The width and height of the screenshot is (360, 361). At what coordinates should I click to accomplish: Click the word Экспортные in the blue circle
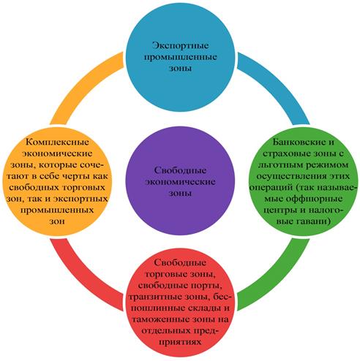180,46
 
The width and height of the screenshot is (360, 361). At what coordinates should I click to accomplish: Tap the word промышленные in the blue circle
180,57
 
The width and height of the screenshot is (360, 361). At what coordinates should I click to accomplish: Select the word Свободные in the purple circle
180,170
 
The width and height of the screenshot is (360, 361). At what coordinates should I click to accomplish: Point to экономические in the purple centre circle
180,182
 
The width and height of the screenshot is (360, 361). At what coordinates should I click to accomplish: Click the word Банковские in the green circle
300,142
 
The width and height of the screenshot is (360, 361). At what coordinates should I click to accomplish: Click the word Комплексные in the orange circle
57,142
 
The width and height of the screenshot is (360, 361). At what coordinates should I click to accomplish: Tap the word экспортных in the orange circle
80,199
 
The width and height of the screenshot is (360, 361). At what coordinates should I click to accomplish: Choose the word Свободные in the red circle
180,262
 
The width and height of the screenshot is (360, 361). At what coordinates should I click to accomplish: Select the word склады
204,308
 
